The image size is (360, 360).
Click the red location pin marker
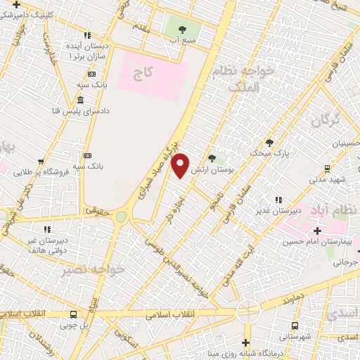point(181,165)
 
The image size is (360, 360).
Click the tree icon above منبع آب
point(183,30)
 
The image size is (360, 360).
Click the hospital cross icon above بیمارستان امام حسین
point(316,231)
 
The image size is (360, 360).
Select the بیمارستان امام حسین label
point(316,242)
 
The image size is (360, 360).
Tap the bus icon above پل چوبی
point(74,315)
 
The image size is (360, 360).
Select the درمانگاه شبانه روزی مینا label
point(245,353)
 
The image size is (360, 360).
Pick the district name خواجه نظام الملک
point(251,79)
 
